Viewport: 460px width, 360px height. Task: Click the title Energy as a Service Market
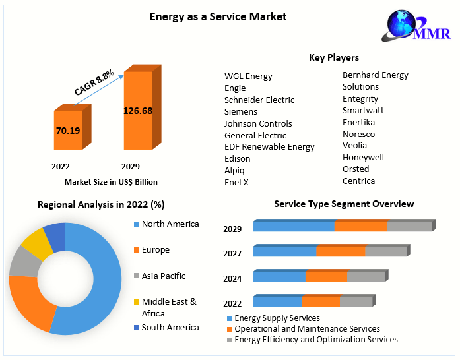coord(218,16)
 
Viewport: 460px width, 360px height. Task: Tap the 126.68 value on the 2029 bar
coord(138,111)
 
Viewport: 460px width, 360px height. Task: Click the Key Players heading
coord(334,58)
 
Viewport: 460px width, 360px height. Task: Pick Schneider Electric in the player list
coord(259,100)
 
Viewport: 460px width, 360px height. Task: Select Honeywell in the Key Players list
coord(363,157)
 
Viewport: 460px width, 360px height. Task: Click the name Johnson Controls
coord(258,123)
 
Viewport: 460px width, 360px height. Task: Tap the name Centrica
coord(358,181)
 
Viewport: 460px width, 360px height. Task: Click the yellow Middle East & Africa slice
coord(37,245)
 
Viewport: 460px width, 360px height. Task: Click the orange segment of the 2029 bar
coord(360,226)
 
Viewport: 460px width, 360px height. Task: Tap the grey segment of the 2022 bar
coord(356,301)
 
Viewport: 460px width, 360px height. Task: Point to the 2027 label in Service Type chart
coord(232,254)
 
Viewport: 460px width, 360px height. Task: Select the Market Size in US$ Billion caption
coord(111,181)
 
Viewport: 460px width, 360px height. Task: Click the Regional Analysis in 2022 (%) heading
coord(101,205)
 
